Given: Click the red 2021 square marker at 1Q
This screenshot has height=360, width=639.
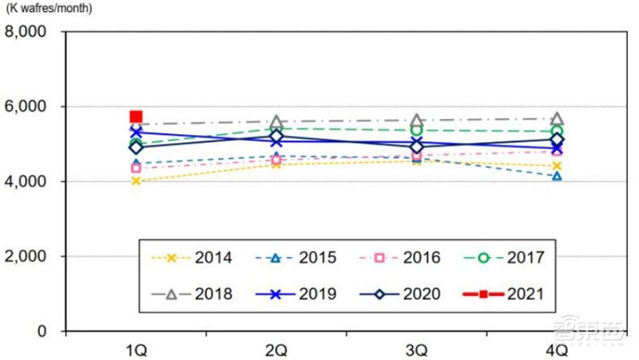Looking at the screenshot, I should click(137, 117).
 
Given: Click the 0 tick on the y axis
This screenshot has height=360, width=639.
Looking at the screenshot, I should click(50, 331).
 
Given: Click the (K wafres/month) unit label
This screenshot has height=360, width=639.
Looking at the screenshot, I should click(54, 10).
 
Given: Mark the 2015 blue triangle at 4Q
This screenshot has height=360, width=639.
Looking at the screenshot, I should click(557, 176).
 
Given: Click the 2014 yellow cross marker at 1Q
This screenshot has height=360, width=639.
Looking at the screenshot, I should click(137, 181).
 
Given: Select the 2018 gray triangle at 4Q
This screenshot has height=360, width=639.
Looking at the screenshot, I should click(557, 119).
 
